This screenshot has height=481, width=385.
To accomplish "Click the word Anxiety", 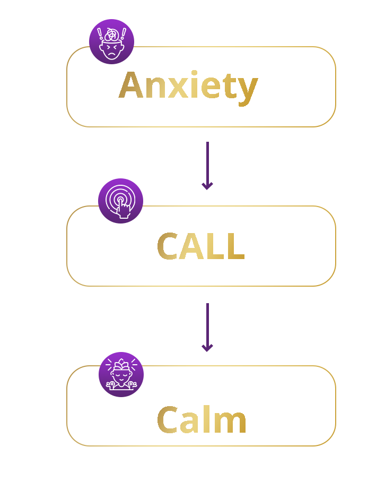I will click(188, 86).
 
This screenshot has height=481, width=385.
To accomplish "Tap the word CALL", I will click(200, 247).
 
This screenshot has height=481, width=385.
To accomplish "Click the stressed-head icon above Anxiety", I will click(111, 41).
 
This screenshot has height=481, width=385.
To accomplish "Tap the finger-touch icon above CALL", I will click(120, 201).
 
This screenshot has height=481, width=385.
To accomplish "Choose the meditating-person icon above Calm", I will click(121, 374).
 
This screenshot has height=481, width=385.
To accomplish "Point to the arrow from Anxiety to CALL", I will click(207, 165).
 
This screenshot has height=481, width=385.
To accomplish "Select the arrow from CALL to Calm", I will click(207, 327).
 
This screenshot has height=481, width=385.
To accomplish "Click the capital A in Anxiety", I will click(131, 85).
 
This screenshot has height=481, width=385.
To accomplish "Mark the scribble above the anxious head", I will click(111, 34).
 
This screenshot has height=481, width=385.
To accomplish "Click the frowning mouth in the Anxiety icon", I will click(111, 55).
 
